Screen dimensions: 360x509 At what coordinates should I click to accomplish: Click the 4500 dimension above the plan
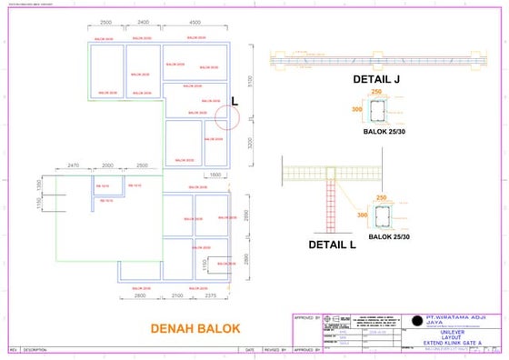[x=195, y=22]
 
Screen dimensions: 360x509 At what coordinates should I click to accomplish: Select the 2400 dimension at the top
[x=143, y=22]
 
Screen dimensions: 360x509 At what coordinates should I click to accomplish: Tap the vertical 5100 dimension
[x=261, y=81]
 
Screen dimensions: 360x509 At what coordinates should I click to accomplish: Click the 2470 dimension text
[x=74, y=166]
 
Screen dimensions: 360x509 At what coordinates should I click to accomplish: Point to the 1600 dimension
[x=215, y=174]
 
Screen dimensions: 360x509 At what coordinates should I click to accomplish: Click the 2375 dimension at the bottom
[x=210, y=295]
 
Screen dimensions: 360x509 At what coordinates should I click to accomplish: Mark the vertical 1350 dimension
[x=39, y=185]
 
